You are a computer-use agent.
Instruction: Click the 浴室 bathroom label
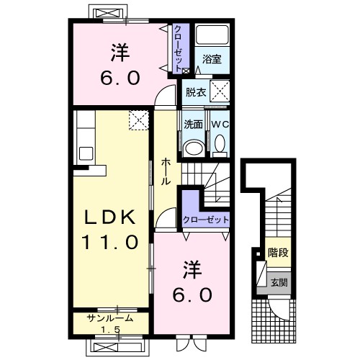212,59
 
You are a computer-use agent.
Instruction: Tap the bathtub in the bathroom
212,34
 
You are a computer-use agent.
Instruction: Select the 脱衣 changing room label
196,92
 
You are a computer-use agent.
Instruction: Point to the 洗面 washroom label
193,125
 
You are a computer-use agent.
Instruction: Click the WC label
220,125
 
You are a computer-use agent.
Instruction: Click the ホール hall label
166,171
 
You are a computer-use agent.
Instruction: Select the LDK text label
110,217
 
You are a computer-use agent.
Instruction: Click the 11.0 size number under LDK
110,242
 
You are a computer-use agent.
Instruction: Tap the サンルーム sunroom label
110,318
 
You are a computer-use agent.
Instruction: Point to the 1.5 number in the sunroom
110,330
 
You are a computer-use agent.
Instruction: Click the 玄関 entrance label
279,283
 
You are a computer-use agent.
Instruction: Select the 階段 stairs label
278,252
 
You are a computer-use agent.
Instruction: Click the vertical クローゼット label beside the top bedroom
178,49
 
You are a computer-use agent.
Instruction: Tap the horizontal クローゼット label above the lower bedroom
205,220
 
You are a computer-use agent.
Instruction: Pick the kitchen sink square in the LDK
86,153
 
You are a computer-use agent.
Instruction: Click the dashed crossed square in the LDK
139,120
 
